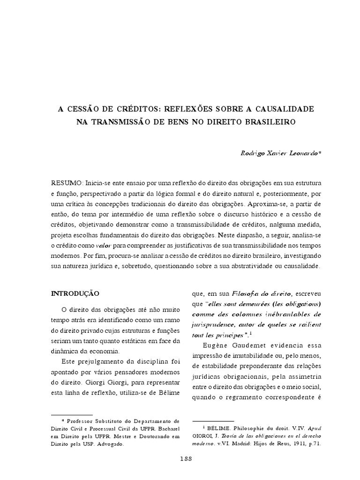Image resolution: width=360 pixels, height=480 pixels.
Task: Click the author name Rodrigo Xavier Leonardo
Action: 279,154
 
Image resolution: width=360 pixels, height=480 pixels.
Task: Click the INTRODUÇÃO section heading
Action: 75,293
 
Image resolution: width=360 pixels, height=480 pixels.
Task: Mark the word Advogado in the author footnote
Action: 110,443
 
